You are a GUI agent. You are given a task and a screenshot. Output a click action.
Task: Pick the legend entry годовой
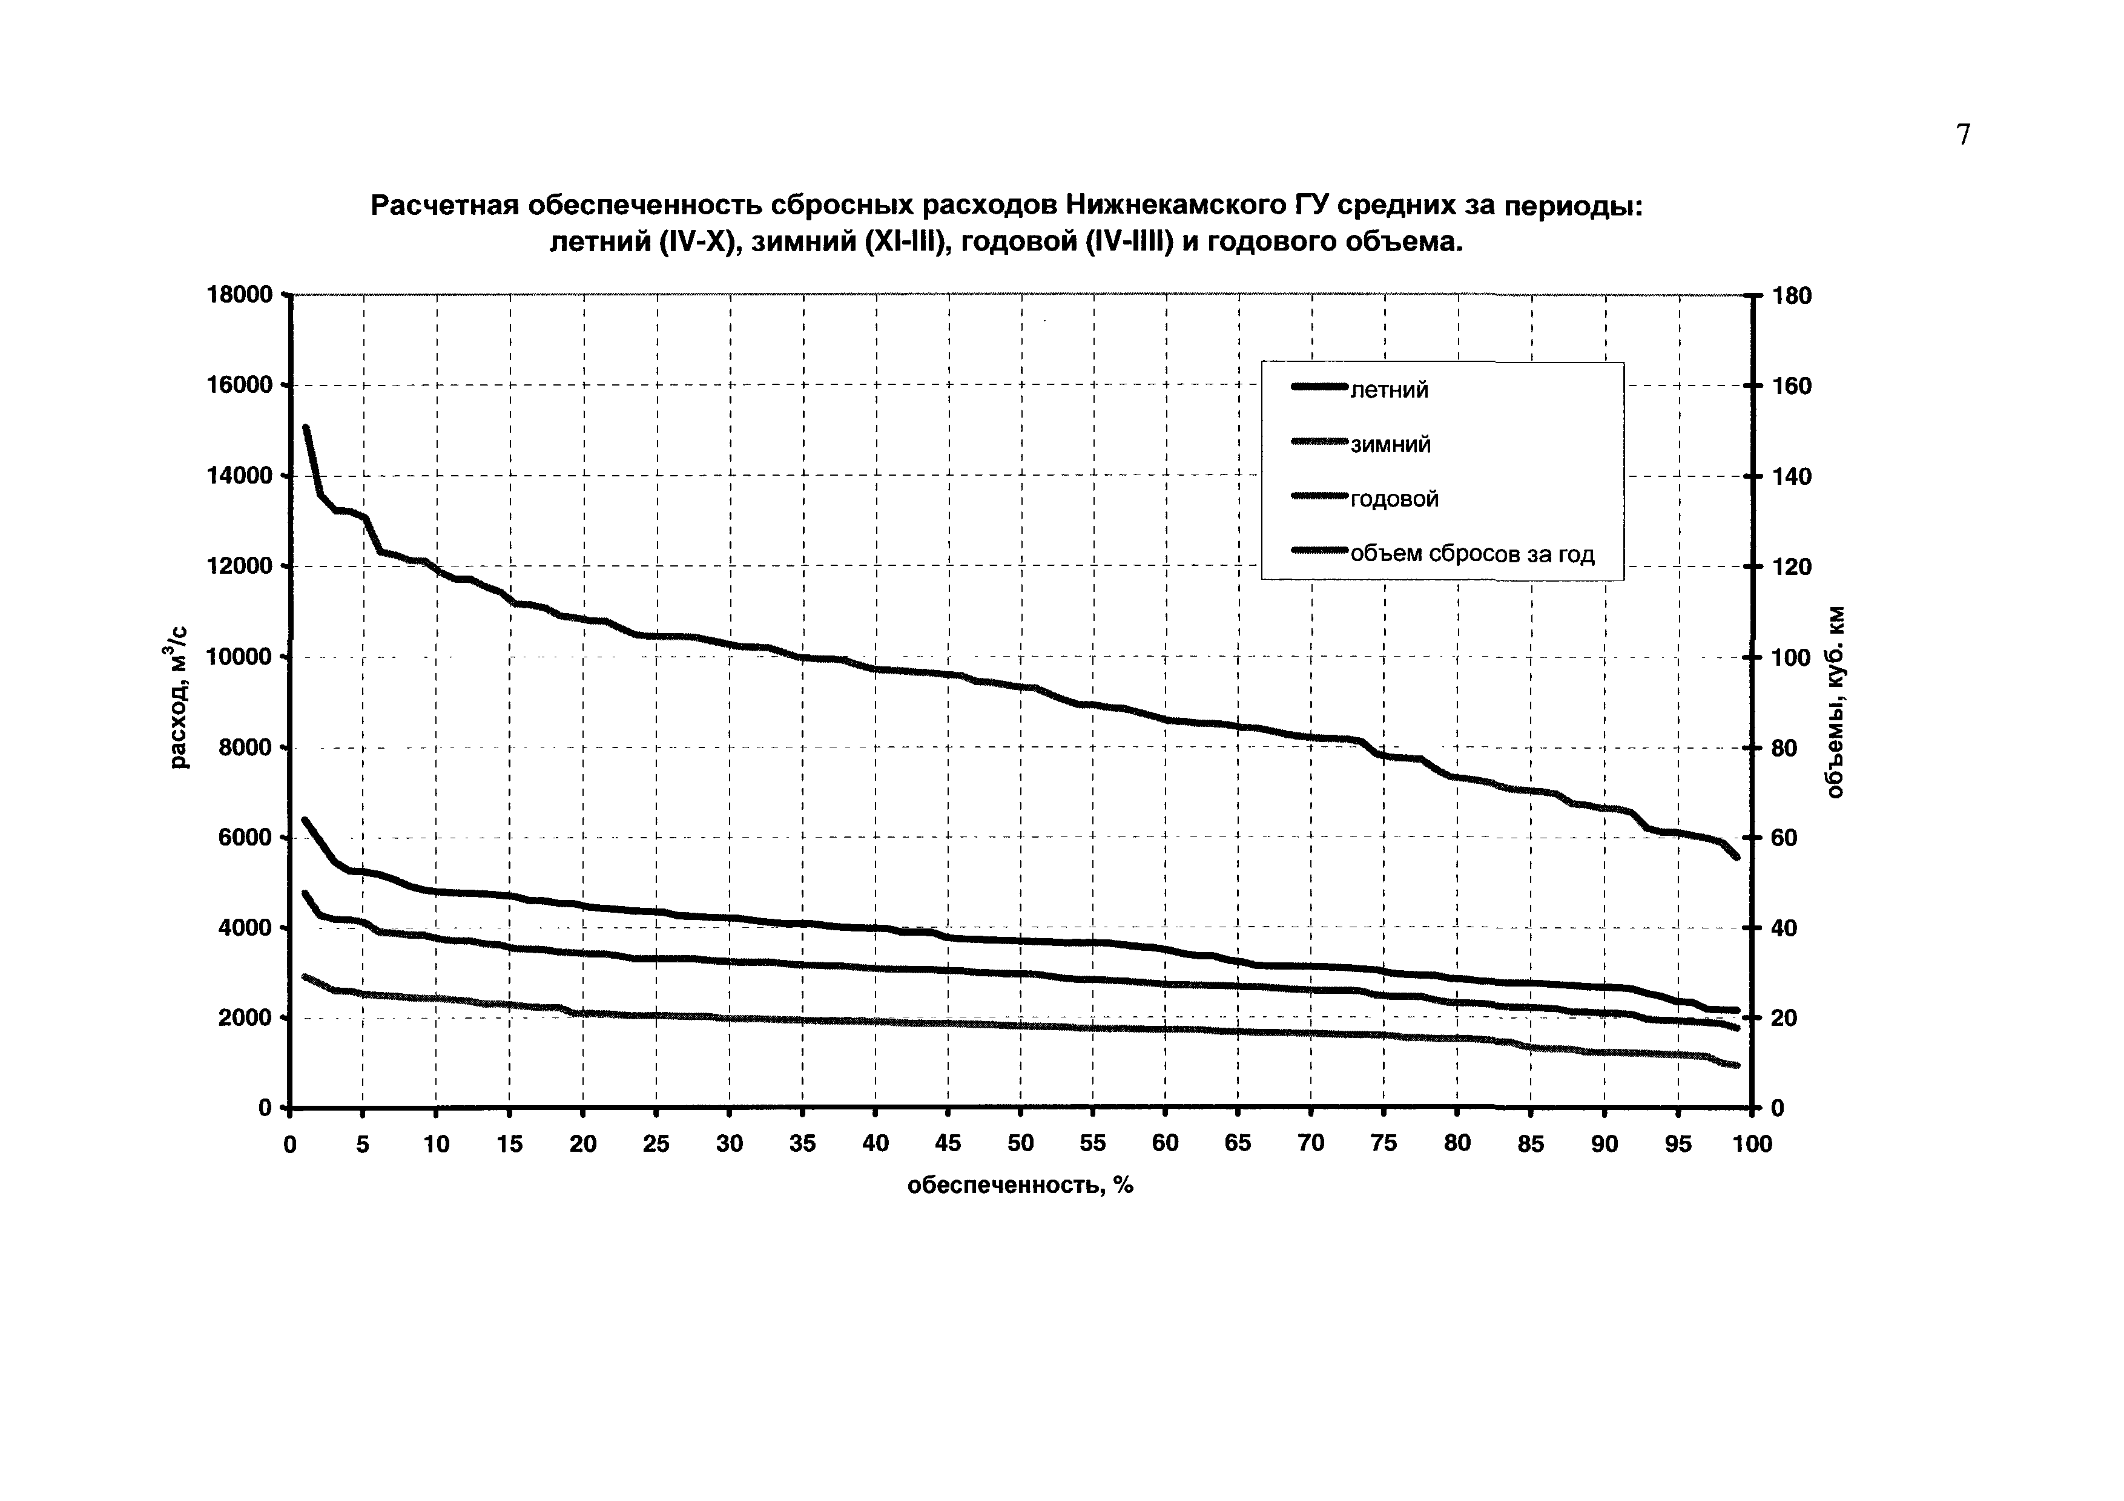[1394, 499]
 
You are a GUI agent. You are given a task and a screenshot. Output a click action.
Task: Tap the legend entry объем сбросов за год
[1472, 554]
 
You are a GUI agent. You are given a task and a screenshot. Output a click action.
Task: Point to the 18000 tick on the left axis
[239, 295]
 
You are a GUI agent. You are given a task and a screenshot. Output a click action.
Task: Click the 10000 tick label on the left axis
[239, 657]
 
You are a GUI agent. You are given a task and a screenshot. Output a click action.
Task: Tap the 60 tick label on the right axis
[1784, 838]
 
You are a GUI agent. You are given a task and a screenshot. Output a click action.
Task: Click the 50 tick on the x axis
[1020, 1144]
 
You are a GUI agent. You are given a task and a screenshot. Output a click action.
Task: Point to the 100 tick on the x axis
[1750, 1144]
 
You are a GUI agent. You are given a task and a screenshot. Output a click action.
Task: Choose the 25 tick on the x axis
[656, 1144]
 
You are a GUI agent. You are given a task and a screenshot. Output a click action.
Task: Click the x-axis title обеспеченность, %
[1020, 1186]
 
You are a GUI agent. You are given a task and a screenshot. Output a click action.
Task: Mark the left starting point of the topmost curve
[305, 427]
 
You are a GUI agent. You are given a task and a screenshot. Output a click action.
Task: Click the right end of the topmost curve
[1736, 857]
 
